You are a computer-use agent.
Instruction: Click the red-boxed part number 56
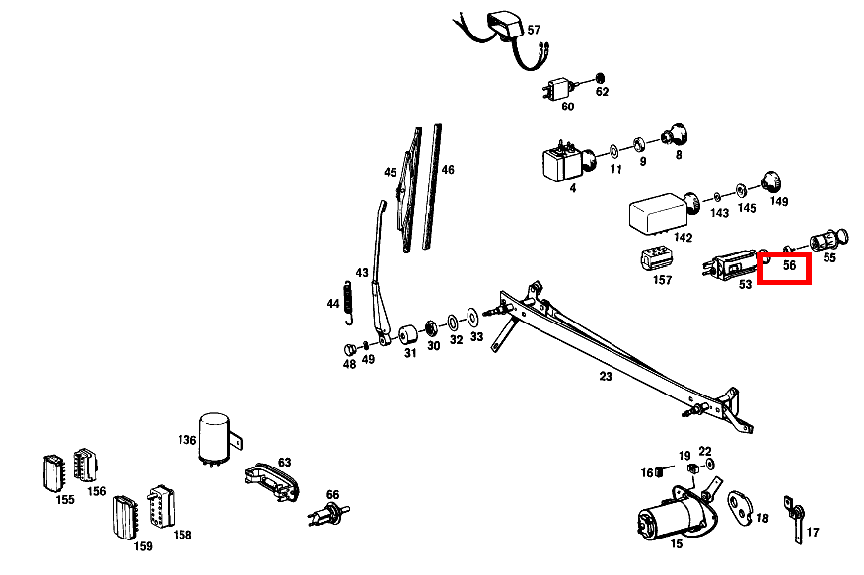789,266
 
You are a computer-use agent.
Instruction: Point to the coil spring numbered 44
348,301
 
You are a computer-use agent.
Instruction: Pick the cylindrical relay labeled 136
215,437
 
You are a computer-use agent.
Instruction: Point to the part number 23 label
606,376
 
